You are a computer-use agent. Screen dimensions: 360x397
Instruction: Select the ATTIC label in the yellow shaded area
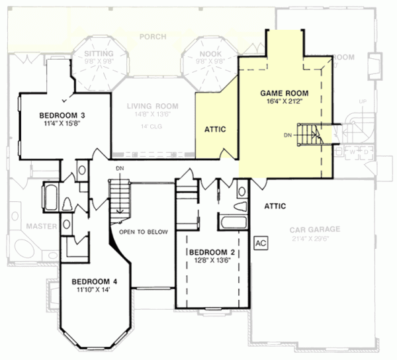click(215, 130)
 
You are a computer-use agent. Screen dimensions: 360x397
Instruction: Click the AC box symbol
click(260, 242)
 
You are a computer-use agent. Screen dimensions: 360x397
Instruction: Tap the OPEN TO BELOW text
click(144, 232)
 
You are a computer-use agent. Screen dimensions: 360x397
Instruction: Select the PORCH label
click(154, 37)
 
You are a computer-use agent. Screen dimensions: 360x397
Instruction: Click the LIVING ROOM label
click(153, 105)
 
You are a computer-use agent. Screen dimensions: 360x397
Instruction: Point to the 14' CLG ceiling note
click(153, 126)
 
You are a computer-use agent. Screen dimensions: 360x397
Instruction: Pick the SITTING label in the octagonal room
click(100, 53)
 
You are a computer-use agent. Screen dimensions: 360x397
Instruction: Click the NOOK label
click(210, 53)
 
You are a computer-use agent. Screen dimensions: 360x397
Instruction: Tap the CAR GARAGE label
click(314, 230)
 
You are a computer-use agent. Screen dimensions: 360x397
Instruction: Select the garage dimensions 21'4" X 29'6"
click(314, 238)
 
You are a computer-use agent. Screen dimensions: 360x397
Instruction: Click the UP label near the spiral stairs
click(361, 101)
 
